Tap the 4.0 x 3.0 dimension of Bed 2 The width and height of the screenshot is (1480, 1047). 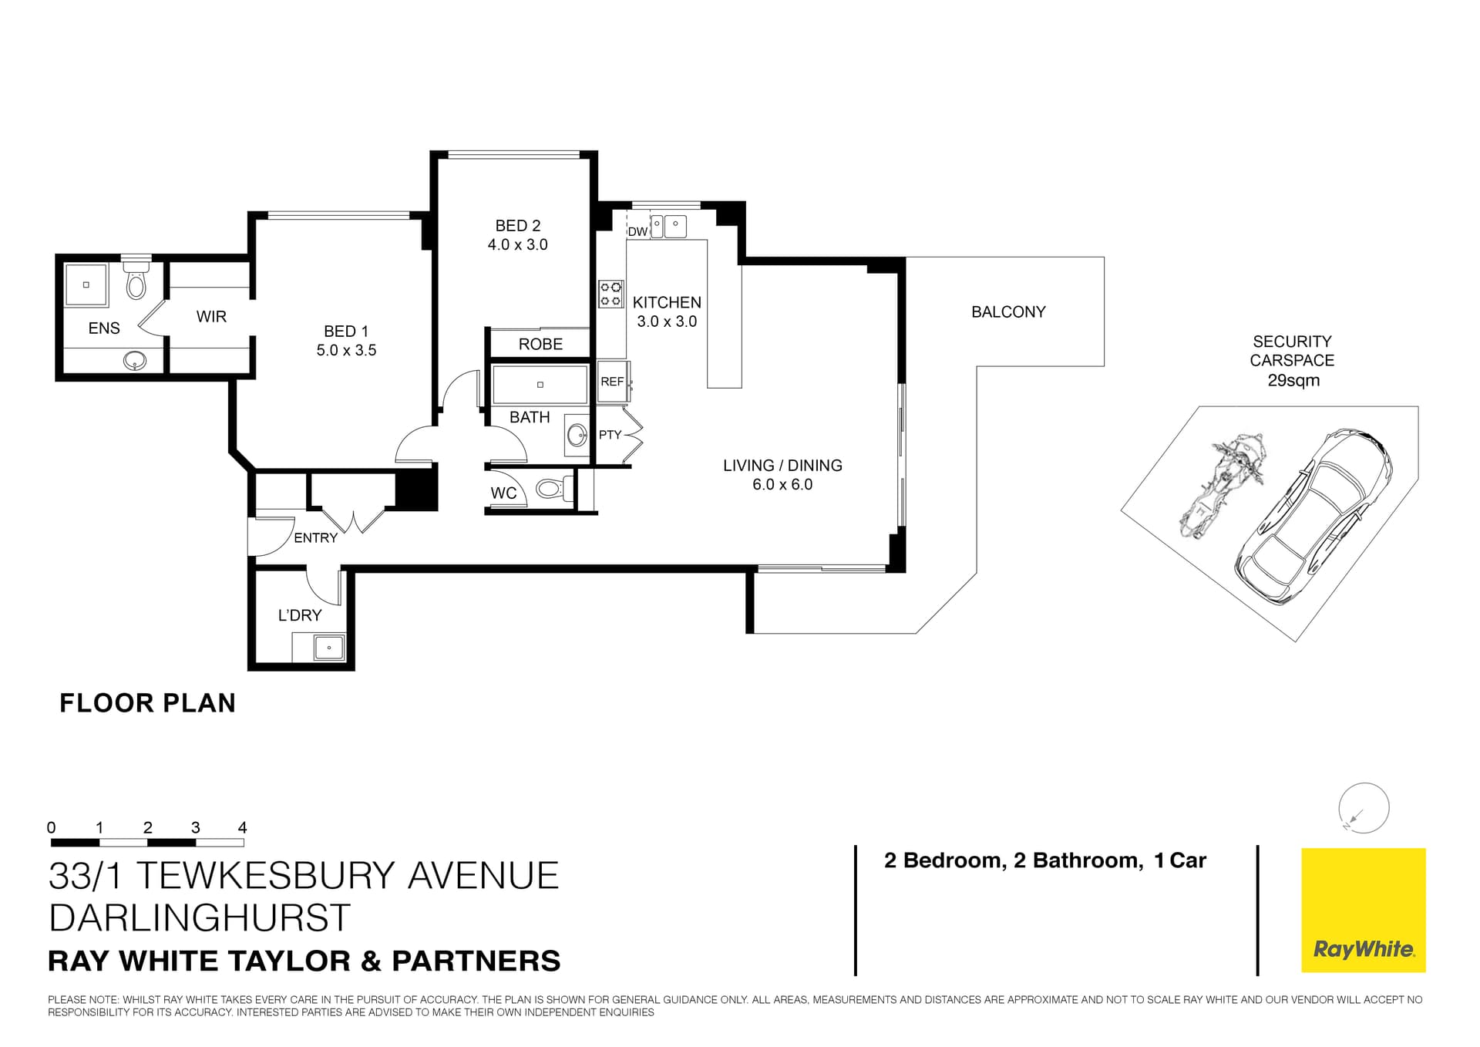tap(517, 244)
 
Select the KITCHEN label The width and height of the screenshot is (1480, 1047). tap(667, 302)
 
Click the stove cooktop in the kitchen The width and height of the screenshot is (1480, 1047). tap(611, 294)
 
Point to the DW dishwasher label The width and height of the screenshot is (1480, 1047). tap(637, 231)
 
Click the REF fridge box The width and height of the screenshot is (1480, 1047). tap(613, 382)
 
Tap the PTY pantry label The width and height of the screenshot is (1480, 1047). tap(610, 435)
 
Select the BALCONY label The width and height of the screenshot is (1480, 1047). tap(1008, 311)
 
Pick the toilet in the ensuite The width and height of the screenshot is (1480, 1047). tap(136, 282)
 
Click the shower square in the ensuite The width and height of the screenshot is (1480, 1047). tap(86, 284)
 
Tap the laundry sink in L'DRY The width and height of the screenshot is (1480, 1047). tap(329, 647)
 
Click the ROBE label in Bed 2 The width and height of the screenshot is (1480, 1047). tap(540, 344)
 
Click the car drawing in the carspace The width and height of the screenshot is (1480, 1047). tap(1313, 517)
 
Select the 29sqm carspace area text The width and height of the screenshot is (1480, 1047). tap(1293, 380)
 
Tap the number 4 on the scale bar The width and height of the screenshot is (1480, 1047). tap(242, 827)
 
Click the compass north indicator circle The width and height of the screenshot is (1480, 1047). tap(1364, 808)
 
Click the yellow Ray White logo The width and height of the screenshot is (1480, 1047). tap(1363, 910)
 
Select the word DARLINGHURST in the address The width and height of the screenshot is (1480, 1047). tap(200, 917)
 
